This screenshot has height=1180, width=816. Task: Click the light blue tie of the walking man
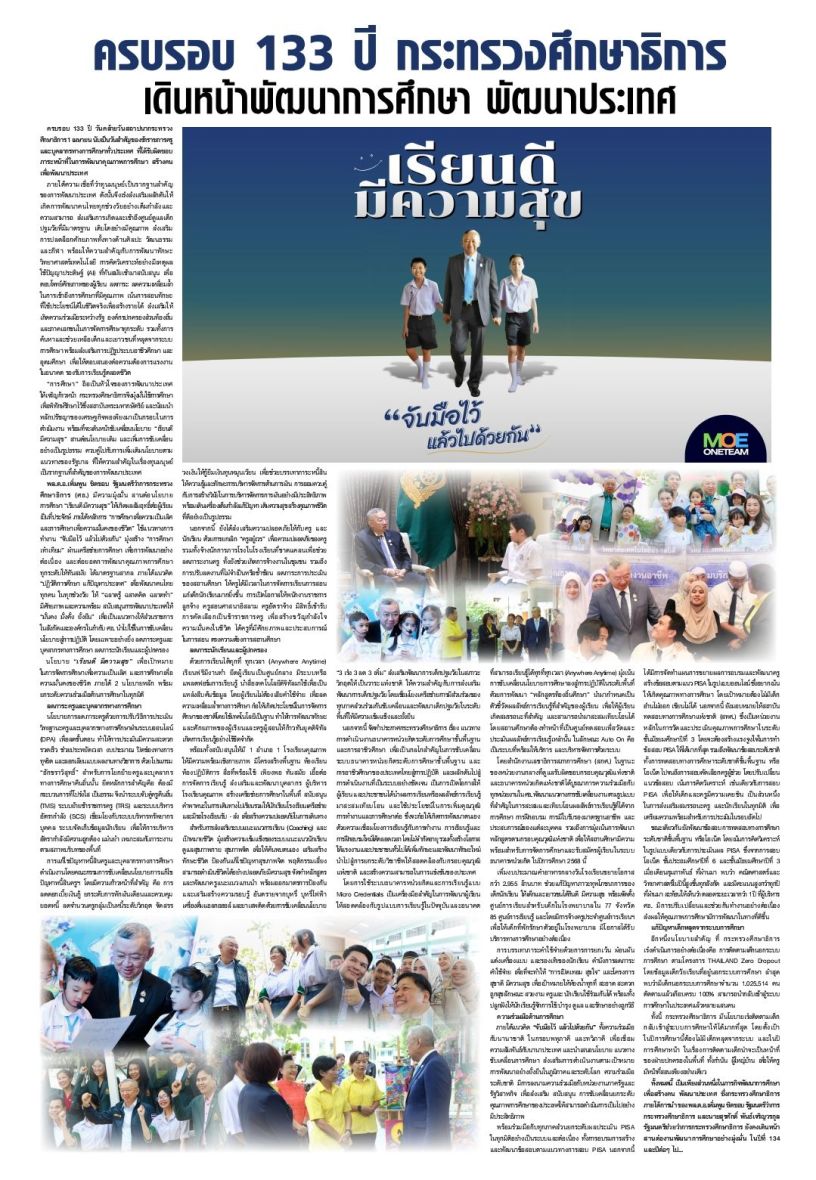click(469, 279)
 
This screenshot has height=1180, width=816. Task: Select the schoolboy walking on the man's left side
click(420, 320)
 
